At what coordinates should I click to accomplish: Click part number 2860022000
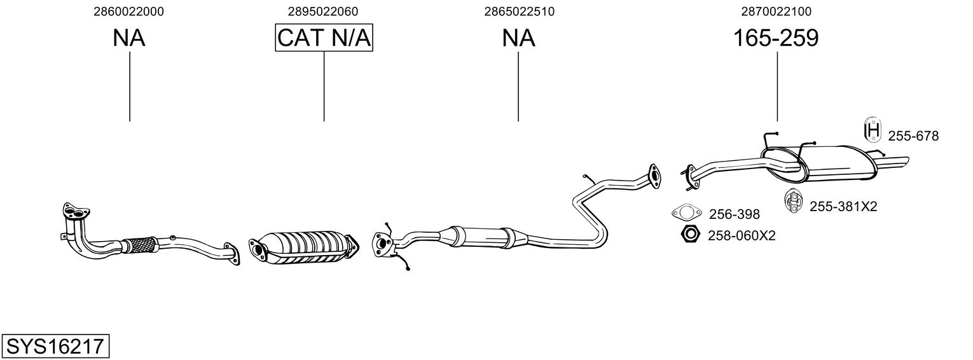click(128, 11)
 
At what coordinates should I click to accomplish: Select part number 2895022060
click(322, 11)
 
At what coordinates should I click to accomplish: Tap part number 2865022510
click(519, 11)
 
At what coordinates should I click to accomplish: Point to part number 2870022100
click(776, 11)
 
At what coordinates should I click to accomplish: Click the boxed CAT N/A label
click(324, 38)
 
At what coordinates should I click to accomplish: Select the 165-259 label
click(776, 38)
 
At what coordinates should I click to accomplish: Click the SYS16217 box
click(55, 347)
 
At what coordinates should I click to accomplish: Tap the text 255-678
click(913, 135)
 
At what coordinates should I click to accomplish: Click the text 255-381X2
click(843, 206)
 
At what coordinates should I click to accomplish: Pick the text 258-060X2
click(742, 235)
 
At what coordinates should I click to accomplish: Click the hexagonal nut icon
click(689, 235)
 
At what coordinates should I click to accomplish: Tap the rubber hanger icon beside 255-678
click(873, 130)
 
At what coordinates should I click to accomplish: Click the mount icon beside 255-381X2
click(793, 201)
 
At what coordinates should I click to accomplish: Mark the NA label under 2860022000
click(129, 38)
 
